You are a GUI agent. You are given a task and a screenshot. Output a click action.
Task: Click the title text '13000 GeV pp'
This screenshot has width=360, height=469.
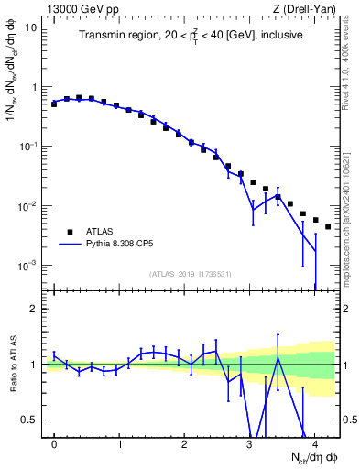[x=76, y=8]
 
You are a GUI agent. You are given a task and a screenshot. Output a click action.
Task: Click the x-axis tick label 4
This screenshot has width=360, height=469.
[x=315, y=444]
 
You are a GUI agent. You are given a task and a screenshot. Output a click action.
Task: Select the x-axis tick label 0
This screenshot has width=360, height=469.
[x=54, y=444]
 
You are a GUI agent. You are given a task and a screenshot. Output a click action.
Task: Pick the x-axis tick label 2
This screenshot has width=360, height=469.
[x=185, y=444]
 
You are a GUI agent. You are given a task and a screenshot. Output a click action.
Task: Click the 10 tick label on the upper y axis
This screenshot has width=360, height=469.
[x=31, y=27]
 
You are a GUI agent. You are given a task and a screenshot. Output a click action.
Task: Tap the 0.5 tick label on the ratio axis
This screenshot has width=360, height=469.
[x=30, y=420]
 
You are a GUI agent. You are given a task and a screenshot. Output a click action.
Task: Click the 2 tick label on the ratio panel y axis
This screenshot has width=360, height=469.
[x=34, y=309]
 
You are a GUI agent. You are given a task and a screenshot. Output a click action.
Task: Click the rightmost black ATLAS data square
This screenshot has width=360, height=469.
[x=328, y=226]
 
